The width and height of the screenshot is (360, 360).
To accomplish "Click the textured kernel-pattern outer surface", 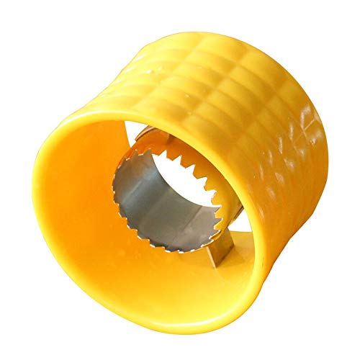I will pos(238,79).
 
